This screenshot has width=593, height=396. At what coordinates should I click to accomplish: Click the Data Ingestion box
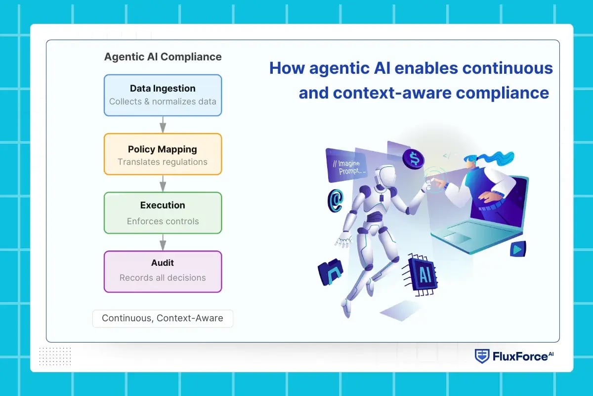(163, 95)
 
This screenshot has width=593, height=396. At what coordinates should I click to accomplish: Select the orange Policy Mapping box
(163, 154)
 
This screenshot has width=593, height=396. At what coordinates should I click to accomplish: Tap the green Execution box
(163, 213)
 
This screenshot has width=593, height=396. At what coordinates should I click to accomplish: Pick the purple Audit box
(163, 271)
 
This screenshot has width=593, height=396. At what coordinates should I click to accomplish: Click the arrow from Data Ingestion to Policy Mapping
(163, 125)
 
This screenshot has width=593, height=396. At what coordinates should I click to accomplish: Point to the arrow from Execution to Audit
(163, 242)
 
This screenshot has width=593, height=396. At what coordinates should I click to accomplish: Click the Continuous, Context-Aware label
(163, 318)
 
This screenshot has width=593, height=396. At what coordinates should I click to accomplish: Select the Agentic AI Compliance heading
(163, 56)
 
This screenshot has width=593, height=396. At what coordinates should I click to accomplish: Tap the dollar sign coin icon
(413, 158)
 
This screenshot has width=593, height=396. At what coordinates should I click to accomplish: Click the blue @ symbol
(335, 199)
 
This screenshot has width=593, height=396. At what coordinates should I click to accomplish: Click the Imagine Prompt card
(346, 165)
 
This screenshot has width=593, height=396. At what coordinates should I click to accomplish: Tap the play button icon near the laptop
(517, 249)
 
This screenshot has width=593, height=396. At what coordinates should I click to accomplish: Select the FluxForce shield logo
(482, 356)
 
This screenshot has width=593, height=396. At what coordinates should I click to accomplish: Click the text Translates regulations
(163, 162)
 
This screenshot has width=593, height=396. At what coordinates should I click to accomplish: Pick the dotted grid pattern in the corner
(55, 355)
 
